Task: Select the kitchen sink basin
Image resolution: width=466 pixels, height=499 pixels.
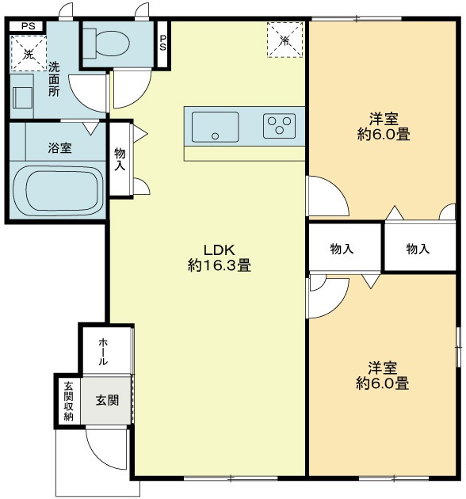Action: click(x=215, y=127)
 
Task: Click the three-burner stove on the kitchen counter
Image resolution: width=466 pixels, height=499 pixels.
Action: click(x=279, y=126)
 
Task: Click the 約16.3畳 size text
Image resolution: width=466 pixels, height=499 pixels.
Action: click(x=220, y=266)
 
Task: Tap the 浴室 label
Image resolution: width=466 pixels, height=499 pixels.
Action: click(x=60, y=148)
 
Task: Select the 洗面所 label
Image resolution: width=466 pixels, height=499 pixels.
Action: click(x=53, y=79)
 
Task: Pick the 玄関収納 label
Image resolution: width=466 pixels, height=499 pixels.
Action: click(x=68, y=401)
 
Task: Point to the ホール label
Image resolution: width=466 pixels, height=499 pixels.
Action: click(x=103, y=351)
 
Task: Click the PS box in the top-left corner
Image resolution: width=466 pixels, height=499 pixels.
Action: click(x=28, y=27)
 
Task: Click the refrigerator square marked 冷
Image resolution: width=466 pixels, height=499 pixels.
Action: click(x=285, y=39)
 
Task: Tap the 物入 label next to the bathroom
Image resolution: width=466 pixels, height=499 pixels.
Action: click(x=120, y=159)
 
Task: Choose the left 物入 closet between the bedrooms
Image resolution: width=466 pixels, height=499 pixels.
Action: click(x=342, y=249)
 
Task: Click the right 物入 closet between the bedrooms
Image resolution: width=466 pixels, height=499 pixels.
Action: click(x=418, y=249)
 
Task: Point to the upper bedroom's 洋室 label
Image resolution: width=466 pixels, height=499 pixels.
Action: click(x=384, y=119)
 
